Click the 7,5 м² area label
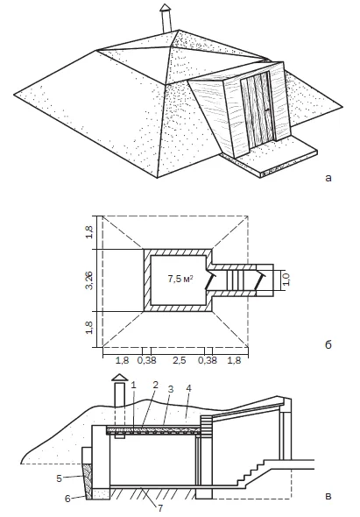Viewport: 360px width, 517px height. pos(180,280)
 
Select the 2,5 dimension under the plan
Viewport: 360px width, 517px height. pos(180,360)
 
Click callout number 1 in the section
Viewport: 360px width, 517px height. pos(133,385)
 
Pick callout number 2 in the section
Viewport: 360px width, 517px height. pos(155,385)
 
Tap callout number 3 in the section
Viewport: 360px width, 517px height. pos(170,389)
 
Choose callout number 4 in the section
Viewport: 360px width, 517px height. pos(188,389)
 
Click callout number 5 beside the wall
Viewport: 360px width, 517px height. pos(59,478)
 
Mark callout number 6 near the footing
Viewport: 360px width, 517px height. pos(67,499)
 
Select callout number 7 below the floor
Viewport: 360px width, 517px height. pos(160,507)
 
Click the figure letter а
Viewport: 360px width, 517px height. pos(328,179)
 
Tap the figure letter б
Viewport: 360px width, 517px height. pos(328,344)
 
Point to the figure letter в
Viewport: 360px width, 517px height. pos(328,496)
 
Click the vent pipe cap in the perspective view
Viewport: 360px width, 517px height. pos(166,8)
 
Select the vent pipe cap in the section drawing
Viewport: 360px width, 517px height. pos(120,378)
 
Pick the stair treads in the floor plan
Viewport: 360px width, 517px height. pos(232,280)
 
